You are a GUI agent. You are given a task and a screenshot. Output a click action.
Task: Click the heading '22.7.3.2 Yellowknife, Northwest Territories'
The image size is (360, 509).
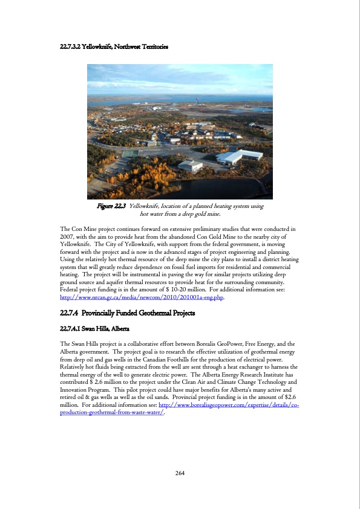114,47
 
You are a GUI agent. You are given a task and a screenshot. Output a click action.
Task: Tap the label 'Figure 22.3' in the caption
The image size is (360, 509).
111,207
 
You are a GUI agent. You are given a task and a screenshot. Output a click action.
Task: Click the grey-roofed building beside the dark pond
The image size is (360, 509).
190,164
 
